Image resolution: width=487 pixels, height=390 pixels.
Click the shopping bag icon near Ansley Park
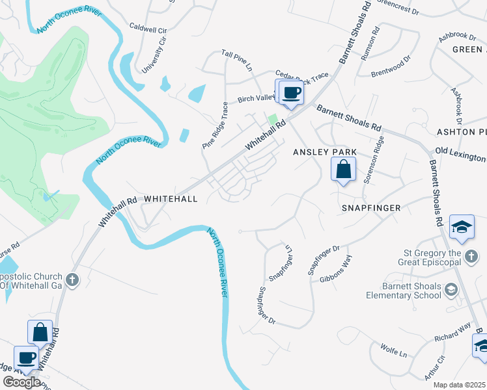point(343,170)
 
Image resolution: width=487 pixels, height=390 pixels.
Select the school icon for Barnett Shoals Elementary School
point(450,289)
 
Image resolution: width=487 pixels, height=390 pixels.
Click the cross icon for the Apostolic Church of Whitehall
point(72,280)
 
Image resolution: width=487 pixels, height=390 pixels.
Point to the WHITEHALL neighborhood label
point(170,199)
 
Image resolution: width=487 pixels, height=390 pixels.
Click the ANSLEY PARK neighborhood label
point(324,152)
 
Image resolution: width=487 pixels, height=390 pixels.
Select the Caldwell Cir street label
point(148,29)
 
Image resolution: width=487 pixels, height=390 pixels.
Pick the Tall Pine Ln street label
point(236,59)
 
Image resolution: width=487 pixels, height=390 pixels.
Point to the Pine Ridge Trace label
point(216,125)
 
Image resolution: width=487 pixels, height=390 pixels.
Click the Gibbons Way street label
point(336,270)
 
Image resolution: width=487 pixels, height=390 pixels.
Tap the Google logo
point(21,382)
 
